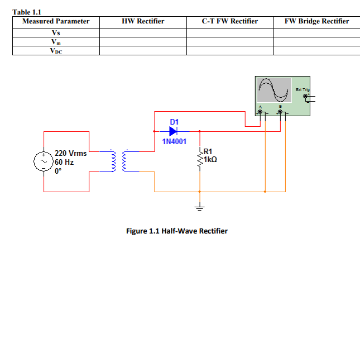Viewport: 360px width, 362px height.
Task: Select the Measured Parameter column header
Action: click(x=56, y=21)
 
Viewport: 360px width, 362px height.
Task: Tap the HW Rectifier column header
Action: click(x=143, y=21)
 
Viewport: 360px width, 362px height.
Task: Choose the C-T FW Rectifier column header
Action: click(x=230, y=21)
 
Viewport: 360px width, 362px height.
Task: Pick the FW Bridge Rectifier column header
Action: click(x=316, y=21)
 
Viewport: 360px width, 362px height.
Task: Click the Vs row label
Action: click(x=56, y=32)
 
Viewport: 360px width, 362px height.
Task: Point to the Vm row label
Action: click(x=56, y=41)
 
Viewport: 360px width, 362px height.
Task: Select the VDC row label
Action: click(x=56, y=50)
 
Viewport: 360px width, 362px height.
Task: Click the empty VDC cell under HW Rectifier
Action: click(x=143, y=50)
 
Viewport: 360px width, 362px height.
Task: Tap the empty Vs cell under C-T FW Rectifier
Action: click(x=230, y=32)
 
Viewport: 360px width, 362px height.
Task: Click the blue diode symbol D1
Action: click(x=172, y=131)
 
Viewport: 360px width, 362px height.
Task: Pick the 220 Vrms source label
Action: click(x=70, y=153)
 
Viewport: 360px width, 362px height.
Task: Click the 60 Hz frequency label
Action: click(x=64, y=162)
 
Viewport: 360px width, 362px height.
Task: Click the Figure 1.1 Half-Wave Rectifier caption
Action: click(x=177, y=231)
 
